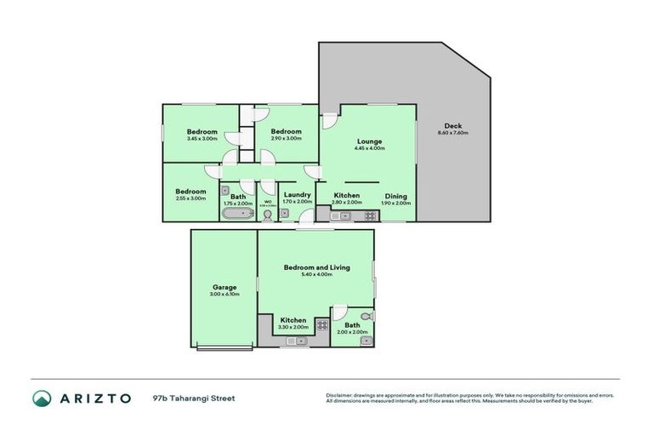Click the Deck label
pyautogui.click(x=452, y=125)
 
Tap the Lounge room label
pyautogui.click(x=369, y=141)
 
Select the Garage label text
pyautogui.click(x=224, y=287)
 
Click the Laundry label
pyautogui.click(x=296, y=195)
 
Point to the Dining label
pyautogui.click(x=395, y=196)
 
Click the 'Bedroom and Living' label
pyautogui.click(x=315, y=267)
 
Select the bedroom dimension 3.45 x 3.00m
pyautogui.click(x=202, y=139)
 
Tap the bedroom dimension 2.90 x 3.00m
pyautogui.click(x=286, y=139)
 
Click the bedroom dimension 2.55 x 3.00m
pyautogui.click(x=191, y=198)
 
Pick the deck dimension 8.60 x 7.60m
pyautogui.click(x=452, y=133)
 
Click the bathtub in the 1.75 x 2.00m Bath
pyautogui.click(x=238, y=215)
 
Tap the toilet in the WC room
pyautogui.click(x=268, y=215)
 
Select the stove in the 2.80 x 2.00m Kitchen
pyautogui.click(x=370, y=215)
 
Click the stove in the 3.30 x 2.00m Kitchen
pyautogui.click(x=322, y=324)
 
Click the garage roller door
pyautogui.click(x=224, y=347)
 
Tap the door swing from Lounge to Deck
pyautogui.click(x=328, y=121)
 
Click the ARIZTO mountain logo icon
pyautogui.click(x=42, y=398)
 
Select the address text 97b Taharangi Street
pyautogui.click(x=193, y=398)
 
